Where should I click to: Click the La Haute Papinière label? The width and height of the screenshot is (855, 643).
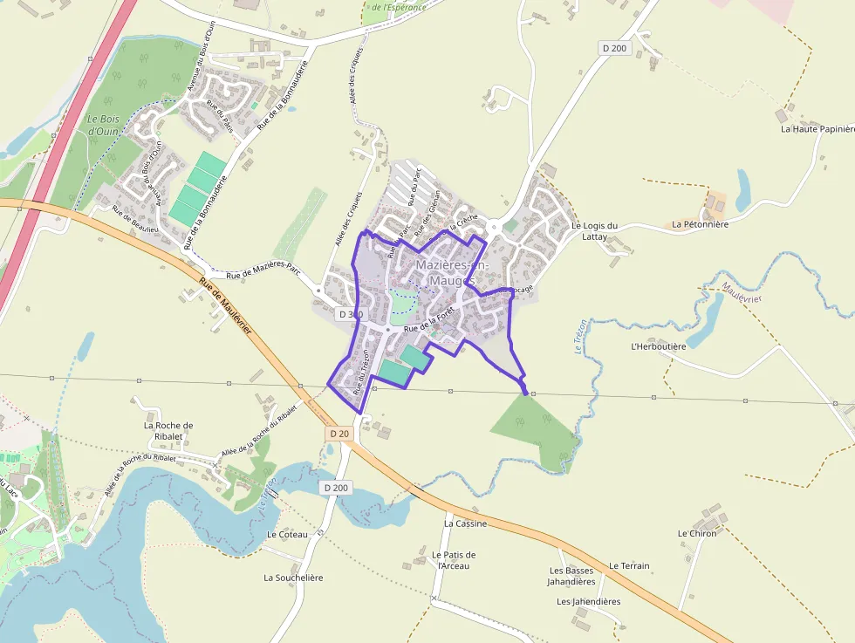[x=817, y=129]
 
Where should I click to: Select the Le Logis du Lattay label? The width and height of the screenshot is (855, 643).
[x=594, y=231]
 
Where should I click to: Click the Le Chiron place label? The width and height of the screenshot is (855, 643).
[x=696, y=533]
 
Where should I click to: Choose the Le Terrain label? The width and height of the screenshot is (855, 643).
[x=629, y=566]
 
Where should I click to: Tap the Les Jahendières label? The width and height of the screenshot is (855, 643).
[x=588, y=602]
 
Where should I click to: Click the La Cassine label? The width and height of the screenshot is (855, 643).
[x=465, y=524]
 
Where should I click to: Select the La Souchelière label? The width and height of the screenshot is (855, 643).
[x=293, y=578]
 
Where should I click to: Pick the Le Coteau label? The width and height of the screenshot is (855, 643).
[x=287, y=534]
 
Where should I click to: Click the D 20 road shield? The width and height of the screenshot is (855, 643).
[x=339, y=434]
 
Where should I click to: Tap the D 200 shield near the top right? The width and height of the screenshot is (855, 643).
[x=614, y=48]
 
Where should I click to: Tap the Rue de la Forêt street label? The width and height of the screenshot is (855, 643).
[x=429, y=319]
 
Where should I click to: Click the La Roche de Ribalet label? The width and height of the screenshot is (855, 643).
[x=168, y=431]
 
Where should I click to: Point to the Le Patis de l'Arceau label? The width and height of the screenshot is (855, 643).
[x=454, y=560]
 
